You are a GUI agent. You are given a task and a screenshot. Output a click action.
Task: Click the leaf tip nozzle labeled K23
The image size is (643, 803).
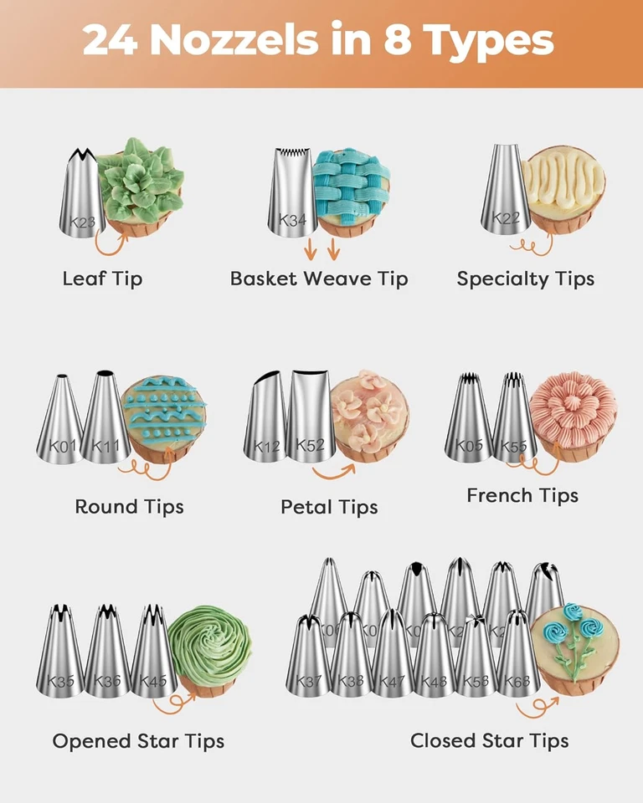coord(80,197)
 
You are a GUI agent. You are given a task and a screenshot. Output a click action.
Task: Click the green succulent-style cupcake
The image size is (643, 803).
coord(141,188)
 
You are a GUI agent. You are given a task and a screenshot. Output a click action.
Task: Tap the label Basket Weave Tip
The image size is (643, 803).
coord(319,279)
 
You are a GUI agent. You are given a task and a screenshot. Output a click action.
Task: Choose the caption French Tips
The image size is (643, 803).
coord(522,495)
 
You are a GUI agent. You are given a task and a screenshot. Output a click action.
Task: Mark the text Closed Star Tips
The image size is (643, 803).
coord(489,740)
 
